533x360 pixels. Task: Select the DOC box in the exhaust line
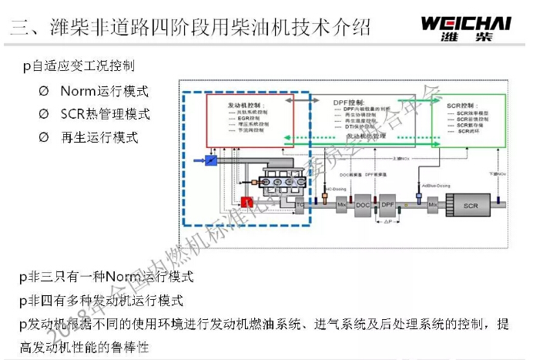[363, 204]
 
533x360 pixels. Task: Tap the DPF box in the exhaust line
[388, 204]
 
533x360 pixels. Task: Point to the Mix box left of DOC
[342, 204]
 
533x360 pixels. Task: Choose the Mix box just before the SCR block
[432, 204]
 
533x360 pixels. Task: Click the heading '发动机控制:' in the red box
[246, 103]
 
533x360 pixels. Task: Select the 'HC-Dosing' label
[332, 187]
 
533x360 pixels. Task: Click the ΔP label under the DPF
[388, 221]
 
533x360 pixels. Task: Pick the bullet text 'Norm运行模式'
[104, 91]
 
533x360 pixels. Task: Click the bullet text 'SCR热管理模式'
[105, 114]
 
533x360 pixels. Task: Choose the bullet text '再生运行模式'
[99, 137]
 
